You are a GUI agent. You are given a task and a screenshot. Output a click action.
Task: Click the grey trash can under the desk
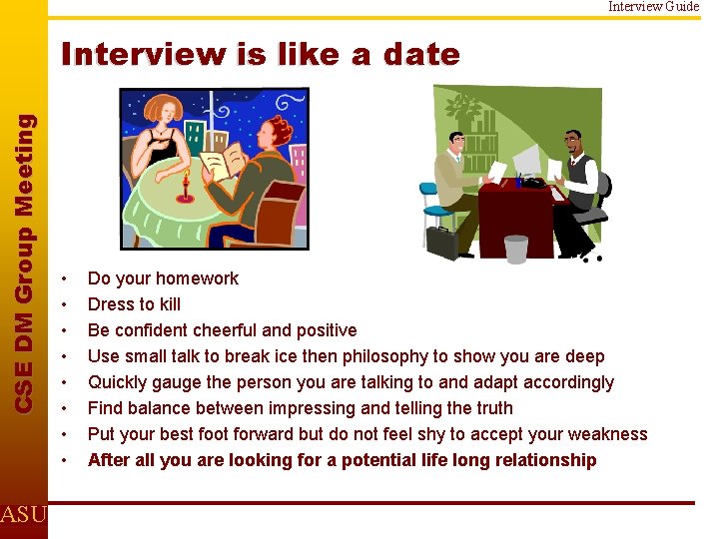click(x=515, y=248)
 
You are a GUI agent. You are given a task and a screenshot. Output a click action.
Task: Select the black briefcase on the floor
click(x=441, y=241)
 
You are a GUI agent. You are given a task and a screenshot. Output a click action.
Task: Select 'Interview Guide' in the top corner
click(x=654, y=6)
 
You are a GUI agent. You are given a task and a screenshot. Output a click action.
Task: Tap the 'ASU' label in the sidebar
click(x=22, y=515)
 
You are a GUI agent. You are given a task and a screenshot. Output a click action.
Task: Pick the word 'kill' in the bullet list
click(x=169, y=304)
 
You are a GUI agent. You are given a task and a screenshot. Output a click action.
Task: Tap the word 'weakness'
click(x=609, y=434)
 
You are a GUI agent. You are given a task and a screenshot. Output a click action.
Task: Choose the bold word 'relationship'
click(x=547, y=460)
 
